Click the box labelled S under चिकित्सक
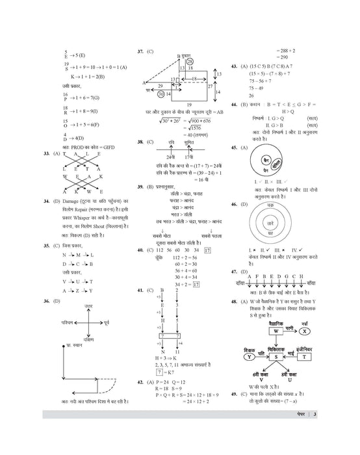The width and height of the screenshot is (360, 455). [x=276, y=356]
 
